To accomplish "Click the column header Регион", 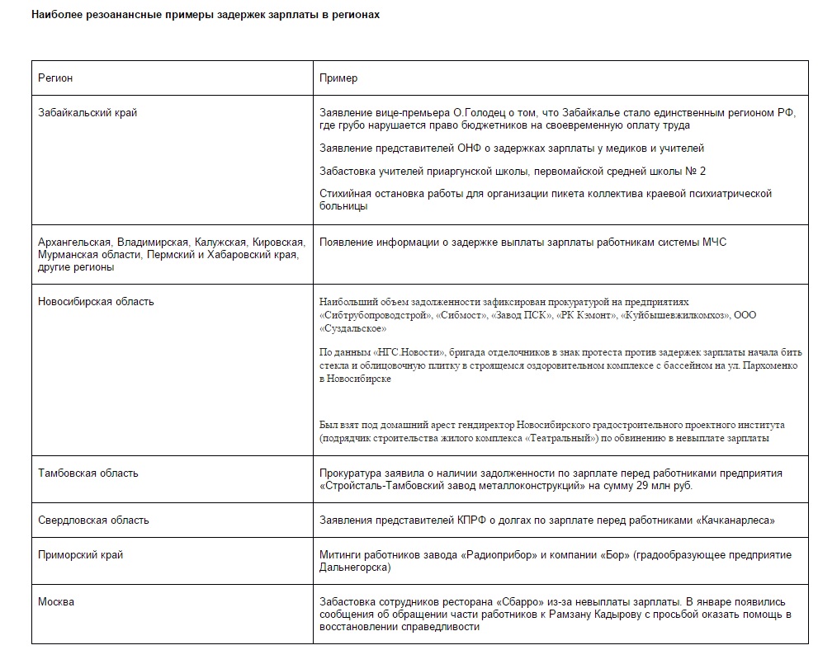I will click(x=55, y=78).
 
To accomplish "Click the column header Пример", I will click(x=338, y=78).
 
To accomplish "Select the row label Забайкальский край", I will click(x=87, y=113).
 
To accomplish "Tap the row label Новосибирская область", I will click(x=96, y=301).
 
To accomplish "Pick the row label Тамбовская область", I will click(x=88, y=473).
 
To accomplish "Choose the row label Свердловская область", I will click(x=93, y=520).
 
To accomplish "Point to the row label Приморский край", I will click(x=81, y=554).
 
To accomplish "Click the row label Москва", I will click(x=56, y=601).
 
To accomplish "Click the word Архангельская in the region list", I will click(x=74, y=242).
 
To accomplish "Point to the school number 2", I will click(x=702, y=171).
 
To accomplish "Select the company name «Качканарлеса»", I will click(x=735, y=520).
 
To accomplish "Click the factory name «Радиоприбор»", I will click(x=489, y=554).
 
